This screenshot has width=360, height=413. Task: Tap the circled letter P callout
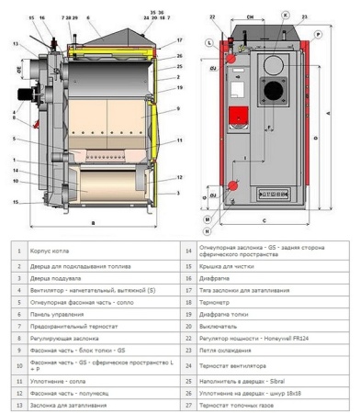(319, 32)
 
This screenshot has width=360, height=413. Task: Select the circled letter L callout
(209, 43)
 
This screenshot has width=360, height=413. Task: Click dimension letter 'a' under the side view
(94, 223)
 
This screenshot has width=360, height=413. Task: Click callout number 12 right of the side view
(180, 177)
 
